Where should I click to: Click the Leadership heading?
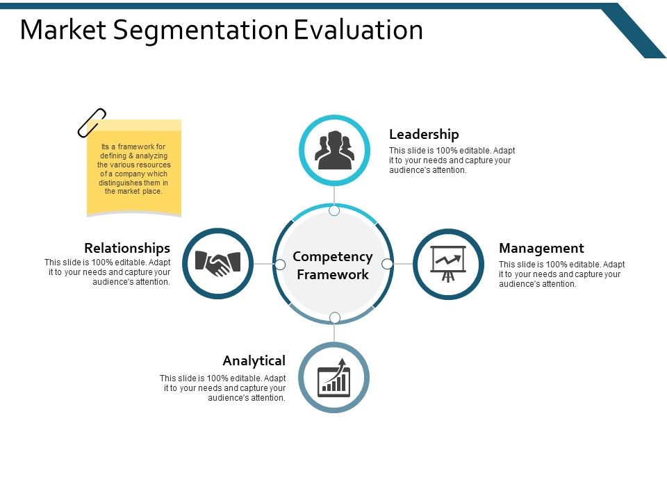(424, 134)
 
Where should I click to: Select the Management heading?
(541, 248)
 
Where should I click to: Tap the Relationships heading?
(127, 248)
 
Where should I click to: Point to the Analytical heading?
(254, 360)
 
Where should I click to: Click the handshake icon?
(218, 263)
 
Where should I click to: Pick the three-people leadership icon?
(334, 150)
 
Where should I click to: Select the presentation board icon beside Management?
(448, 264)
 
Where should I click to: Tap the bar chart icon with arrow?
(334, 378)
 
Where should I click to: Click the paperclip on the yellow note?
(92, 122)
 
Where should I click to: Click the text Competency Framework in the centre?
(333, 265)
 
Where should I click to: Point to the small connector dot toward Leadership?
(334, 210)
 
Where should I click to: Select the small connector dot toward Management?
(388, 264)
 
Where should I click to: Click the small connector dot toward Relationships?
(280, 264)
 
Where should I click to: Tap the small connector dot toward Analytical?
(334, 317)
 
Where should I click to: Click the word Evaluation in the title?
(359, 30)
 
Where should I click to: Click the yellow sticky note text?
(133, 169)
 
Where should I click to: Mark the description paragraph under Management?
(561, 274)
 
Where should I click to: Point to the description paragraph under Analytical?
(222, 388)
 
